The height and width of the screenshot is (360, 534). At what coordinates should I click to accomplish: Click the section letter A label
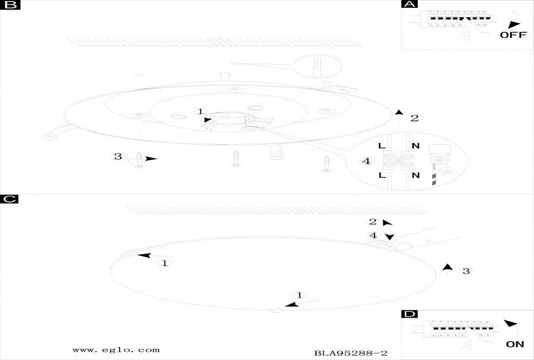[409, 4]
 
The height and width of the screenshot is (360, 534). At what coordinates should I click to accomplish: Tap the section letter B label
[10, 4]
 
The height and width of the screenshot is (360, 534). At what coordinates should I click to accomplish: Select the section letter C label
[9, 199]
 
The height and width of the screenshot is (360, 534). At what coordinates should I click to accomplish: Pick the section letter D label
[409, 314]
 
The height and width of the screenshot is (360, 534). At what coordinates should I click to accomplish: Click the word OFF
[513, 34]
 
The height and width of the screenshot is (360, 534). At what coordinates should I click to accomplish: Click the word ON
[515, 344]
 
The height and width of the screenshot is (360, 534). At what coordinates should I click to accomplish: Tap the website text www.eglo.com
[116, 350]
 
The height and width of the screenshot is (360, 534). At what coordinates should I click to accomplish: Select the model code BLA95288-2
[351, 353]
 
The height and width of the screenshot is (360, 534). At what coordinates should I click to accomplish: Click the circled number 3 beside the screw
[118, 156]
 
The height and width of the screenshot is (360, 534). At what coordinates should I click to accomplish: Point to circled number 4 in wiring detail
[367, 161]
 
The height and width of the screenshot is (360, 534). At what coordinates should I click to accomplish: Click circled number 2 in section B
[414, 118]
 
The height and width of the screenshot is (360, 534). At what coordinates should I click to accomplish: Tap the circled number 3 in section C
[466, 271]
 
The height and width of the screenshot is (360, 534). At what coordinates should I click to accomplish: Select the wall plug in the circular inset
[316, 66]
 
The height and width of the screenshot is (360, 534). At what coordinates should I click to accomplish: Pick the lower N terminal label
[416, 175]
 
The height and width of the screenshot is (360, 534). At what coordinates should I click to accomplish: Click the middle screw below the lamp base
[236, 159]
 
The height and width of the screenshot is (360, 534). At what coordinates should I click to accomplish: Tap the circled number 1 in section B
[200, 111]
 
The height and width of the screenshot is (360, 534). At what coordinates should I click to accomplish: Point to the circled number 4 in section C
[373, 235]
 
